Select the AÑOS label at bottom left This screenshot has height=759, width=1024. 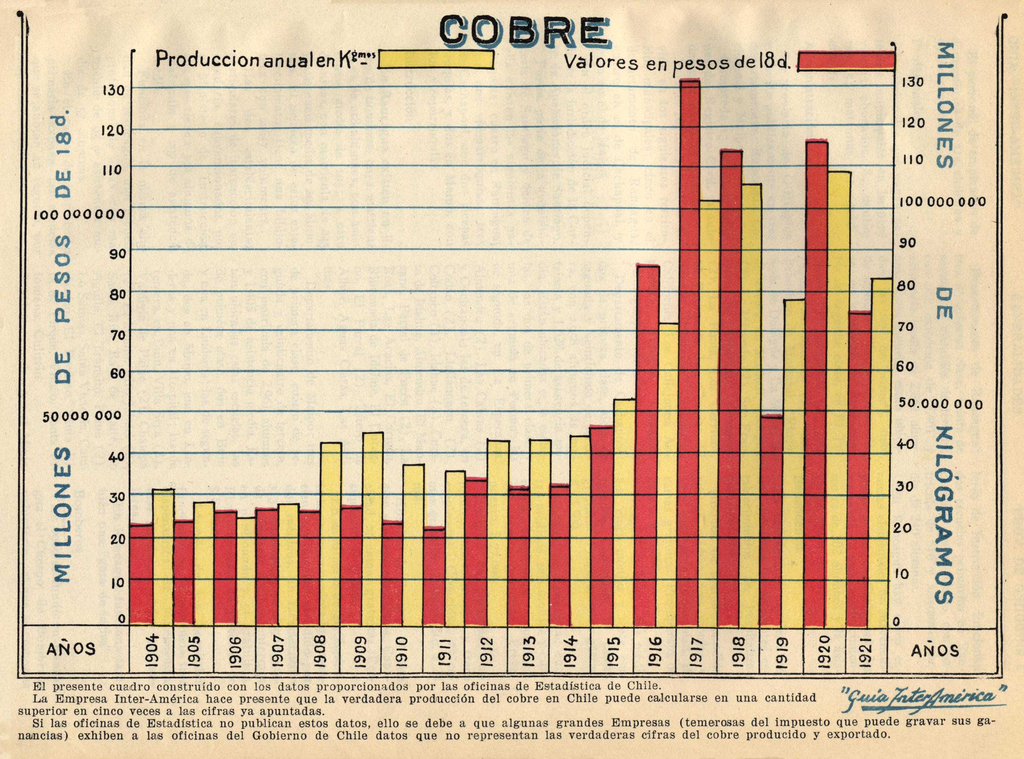[72, 649]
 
